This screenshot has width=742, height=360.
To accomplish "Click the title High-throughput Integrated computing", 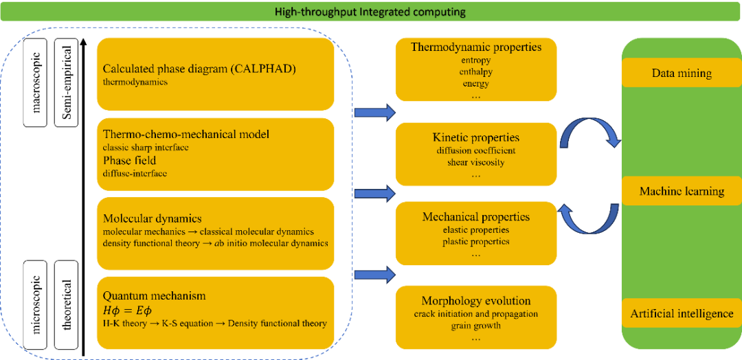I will pyautogui.click(x=370, y=12).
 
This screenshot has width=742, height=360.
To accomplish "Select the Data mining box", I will pyautogui.click(x=682, y=73).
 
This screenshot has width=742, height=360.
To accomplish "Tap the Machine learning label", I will pyautogui.click(x=682, y=191).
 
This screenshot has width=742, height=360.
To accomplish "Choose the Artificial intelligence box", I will pyautogui.click(x=682, y=313).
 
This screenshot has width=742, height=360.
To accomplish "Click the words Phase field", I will pyautogui.click(x=131, y=160).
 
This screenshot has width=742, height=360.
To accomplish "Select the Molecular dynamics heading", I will pyautogui.click(x=152, y=218).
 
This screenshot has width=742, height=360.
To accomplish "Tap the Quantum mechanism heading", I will pyautogui.click(x=154, y=295).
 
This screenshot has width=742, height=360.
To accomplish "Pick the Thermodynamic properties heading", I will pyautogui.click(x=476, y=47).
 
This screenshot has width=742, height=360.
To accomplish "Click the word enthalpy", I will pyautogui.click(x=476, y=71).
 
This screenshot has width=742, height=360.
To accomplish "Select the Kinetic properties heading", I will pyautogui.click(x=476, y=138).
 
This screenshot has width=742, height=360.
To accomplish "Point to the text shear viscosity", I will pyautogui.click(x=476, y=162).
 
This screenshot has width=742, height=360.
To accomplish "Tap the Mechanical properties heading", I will pyautogui.click(x=476, y=217).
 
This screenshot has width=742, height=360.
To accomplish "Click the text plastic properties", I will pyautogui.click(x=476, y=241).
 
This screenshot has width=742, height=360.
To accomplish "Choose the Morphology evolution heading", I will pyautogui.click(x=476, y=301).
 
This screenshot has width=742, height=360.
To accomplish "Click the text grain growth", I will pyautogui.click(x=476, y=325).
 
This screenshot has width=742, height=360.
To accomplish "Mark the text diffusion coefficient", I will pyautogui.click(x=476, y=150).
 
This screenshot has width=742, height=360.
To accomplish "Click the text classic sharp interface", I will pyautogui.click(x=146, y=147).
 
